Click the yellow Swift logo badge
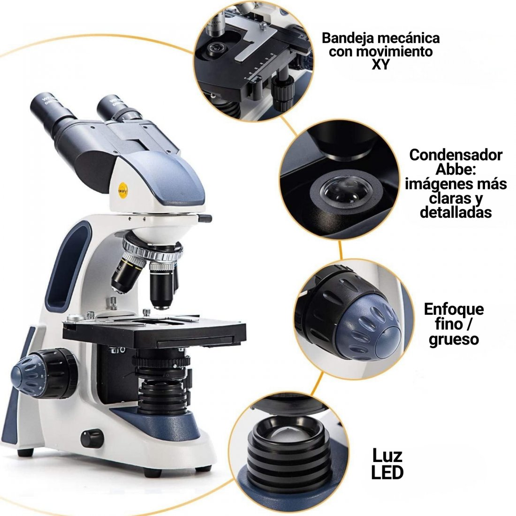pos(123,191)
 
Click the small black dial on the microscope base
pos(92,438)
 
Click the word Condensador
pos(456,155)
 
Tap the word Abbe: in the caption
pos(456,169)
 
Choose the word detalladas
pos(456,212)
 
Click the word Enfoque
pos(454,309)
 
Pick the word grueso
pos(454,339)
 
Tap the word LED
pos(387,472)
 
